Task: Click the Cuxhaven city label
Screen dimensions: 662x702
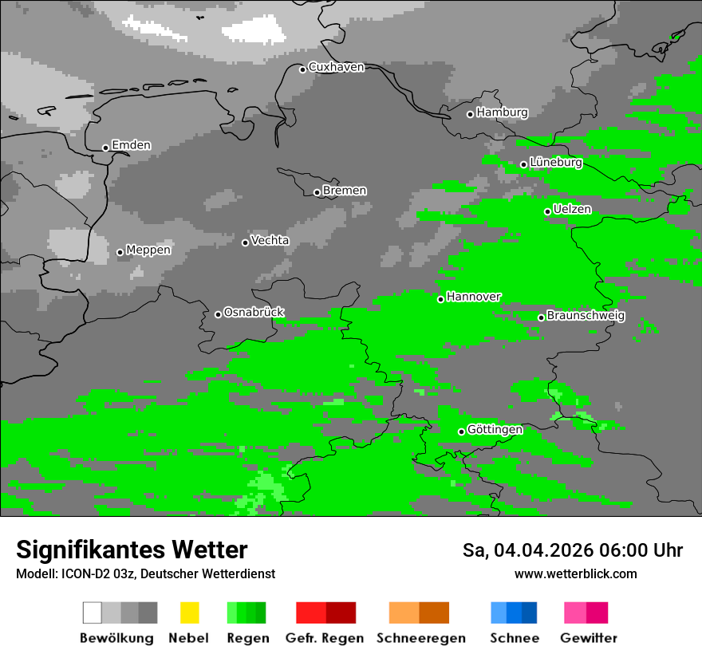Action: click(336, 67)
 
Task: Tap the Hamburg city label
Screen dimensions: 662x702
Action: click(502, 112)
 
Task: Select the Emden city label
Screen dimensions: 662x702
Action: click(131, 145)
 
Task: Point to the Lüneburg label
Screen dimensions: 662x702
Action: click(555, 162)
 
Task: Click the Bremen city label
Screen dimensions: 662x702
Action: click(345, 191)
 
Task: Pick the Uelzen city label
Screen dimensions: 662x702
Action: click(572, 209)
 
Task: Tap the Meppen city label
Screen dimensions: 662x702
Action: click(148, 250)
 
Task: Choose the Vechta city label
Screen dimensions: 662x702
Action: click(270, 240)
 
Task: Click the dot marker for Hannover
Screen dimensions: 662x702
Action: click(440, 299)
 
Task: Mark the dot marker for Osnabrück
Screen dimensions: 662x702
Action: click(218, 314)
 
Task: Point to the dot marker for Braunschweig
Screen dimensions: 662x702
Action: click(541, 317)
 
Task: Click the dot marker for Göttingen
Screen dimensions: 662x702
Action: click(461, 432)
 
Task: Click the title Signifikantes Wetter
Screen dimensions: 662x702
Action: click(132, 550)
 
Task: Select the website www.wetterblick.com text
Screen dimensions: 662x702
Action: click(575, 573)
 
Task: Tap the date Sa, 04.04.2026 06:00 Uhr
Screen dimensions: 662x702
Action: click(572, 550)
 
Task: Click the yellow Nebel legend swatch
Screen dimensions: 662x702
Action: click(189, 613)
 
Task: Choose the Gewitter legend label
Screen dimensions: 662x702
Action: click(588, 638)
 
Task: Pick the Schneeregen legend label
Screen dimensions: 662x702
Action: click(420, 638)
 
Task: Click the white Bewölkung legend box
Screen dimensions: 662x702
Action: click(93, 613)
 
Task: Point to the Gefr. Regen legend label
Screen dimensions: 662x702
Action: click(325, 638)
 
